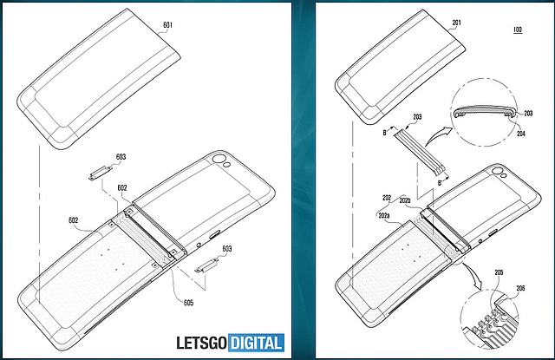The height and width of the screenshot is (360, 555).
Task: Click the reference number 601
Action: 167,25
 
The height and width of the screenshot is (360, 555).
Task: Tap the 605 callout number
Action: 188,302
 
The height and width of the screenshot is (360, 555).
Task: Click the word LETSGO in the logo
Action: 201,343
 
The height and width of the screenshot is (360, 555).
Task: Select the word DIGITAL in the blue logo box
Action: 256,343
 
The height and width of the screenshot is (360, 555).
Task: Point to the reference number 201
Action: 457,23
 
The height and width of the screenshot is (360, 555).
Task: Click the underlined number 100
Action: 518,29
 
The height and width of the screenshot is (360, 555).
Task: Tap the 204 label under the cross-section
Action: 520,134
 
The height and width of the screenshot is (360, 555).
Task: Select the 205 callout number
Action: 499,272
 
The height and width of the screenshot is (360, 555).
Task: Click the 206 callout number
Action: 520,288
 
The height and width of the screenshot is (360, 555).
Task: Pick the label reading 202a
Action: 384,215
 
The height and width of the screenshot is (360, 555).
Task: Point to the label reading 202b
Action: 405,200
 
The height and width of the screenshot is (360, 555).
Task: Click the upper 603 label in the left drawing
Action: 121,156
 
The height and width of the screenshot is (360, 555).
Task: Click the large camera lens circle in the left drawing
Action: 219,158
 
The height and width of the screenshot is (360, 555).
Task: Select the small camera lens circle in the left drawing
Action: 228,165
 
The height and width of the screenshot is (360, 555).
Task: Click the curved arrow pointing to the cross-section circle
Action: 438,136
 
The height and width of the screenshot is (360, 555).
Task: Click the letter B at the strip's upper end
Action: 384,133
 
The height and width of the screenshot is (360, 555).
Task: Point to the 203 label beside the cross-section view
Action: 528,114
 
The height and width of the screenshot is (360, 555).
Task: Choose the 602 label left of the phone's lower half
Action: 73,220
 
